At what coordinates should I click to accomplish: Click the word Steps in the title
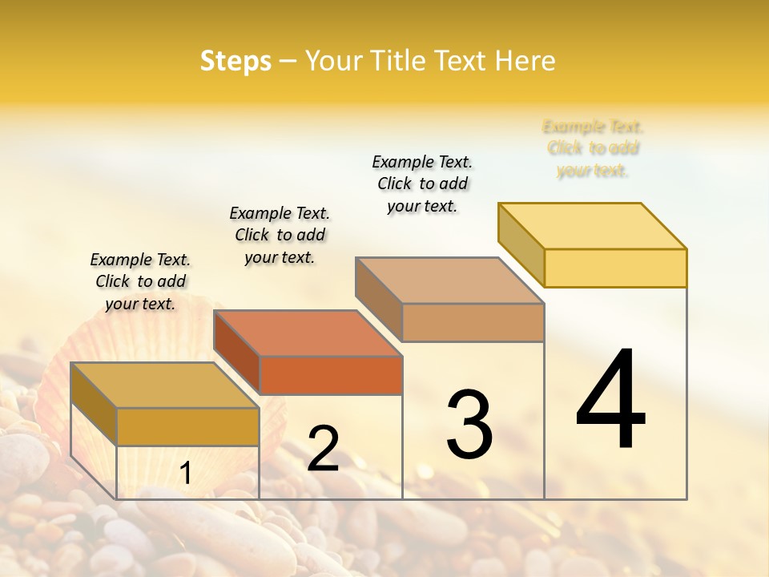pyautogui.click(x=236, y=61)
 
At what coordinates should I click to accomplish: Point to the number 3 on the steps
pyautogui.click(x=469, y=424)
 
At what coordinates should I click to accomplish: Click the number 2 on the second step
pyautogui.click(x=323, y=449)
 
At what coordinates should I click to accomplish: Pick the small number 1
pyautogui.click(x=186, y=474)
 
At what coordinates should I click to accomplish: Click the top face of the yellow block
pyautogui.click(x=593, y=226)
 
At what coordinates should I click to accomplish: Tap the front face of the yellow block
pyautogui.click(x=615, y=268)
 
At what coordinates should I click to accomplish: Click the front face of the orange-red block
pyautogui.click(x=331, y=375)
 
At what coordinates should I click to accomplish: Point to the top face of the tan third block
pyautogui.click(x=449, y=280)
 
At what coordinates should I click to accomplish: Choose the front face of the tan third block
pyautogui.click(x=473, y=322)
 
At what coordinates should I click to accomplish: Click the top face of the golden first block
pyautogui.click(x=165, y=385)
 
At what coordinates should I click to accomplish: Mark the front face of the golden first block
pyautogui.click(x=187, y=426)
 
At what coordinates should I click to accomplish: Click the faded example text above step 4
pyautogui.click(x=593, y=148)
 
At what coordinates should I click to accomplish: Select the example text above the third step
pyautogui.click(x=422, y=184)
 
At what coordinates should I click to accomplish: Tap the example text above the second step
pyautogui.click(x=280, y=235)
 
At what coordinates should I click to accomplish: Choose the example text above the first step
pyautogui.click(x=140, y=281)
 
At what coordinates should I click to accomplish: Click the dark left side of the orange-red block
pyautogui.click(x=237, y=352)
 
